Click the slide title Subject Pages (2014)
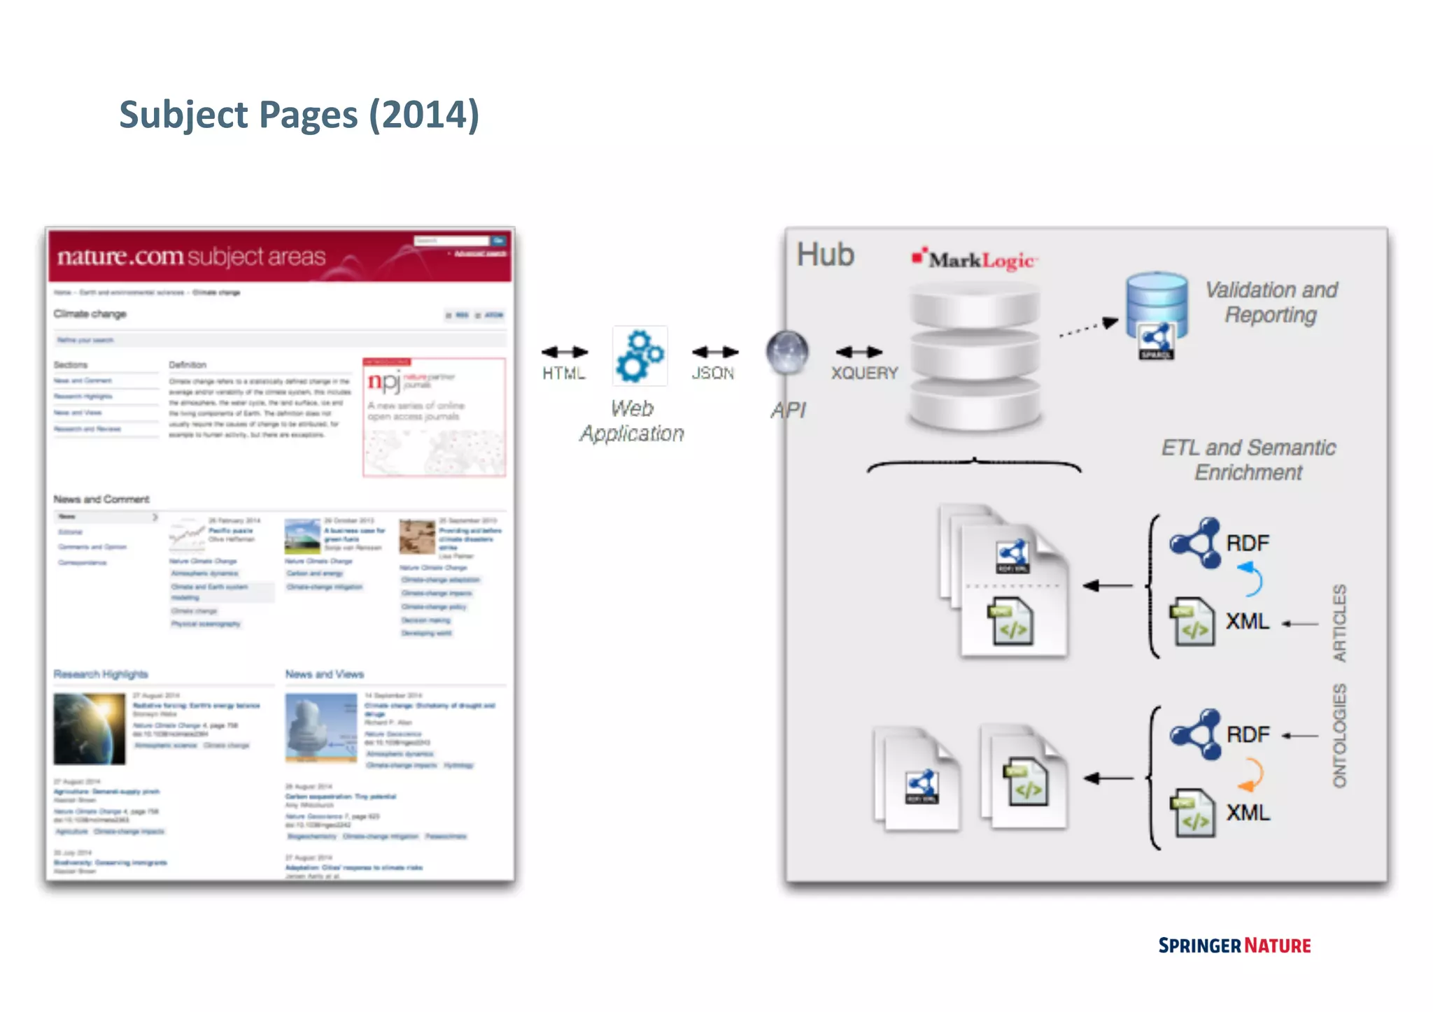(x=299, y=115)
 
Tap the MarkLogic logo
(x=975, y=259)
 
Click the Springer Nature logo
(x=1234, y=946)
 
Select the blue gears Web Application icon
(x=640, y=356)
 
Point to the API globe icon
(x=787, y=351)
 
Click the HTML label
(x=563, y=373)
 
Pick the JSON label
(x=712, y=373)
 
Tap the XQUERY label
(x=864, y=373)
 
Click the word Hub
(x=826, y=255)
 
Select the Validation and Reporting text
(x=1271, y=302)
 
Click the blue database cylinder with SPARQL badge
(x=1157, y=313)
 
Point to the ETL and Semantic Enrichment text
(x=1248, y=459)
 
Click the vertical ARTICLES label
(x=1339, y=622)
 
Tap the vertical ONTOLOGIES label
(x=1339, y=736)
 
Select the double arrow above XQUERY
(x=859, y=352)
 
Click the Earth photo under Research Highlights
(x=90, y=728)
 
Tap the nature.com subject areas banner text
(x=191, y=257)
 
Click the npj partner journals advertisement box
(x=434, y=417)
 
